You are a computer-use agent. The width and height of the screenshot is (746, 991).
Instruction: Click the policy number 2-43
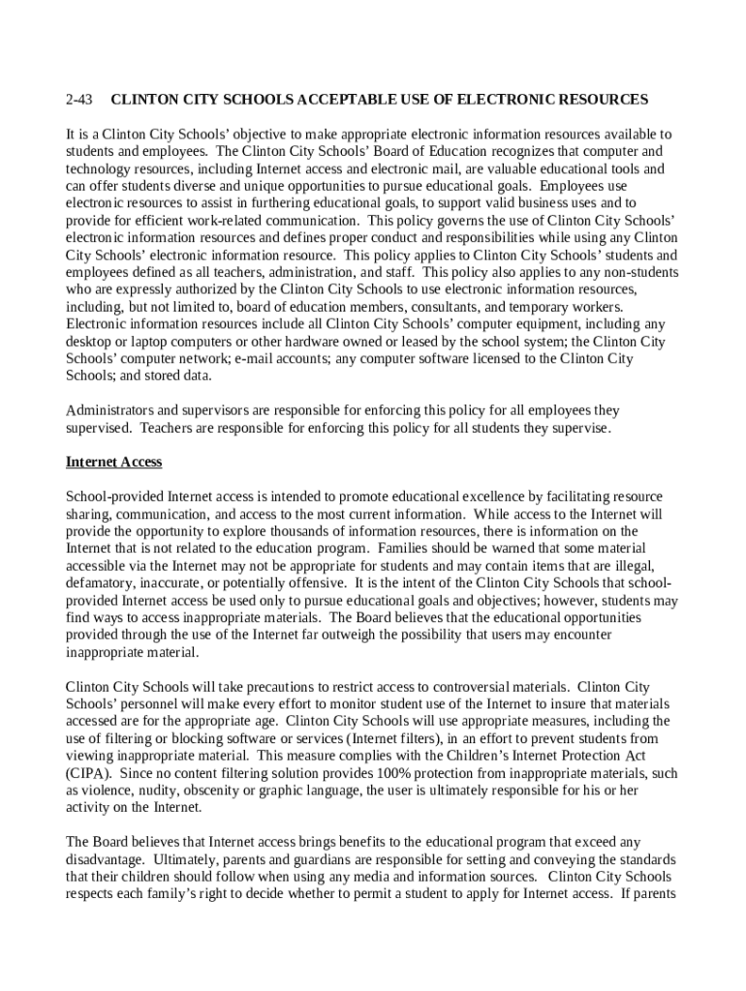(78, 100)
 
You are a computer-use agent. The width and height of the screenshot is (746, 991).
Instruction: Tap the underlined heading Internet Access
(113, 463)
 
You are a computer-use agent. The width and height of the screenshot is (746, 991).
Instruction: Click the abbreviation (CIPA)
(89, 773)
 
